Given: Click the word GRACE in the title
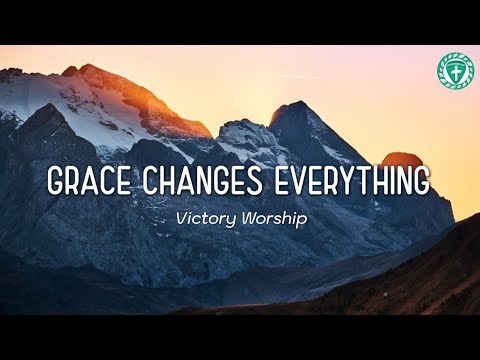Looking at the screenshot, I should pyautogui.click(x=86, y=183).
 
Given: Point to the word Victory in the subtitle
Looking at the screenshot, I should pyautogui.click(x=203, y=218).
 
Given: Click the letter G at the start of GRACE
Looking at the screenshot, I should pyautogui.click(x=58, y=183).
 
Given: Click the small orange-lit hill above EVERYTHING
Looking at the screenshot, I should pyautogui.click(x=401, y=160).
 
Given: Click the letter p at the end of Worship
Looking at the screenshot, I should pyautogui.click(x=301, y=220).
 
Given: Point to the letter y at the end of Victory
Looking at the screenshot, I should pyautogui.click(x=229, y=220).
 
